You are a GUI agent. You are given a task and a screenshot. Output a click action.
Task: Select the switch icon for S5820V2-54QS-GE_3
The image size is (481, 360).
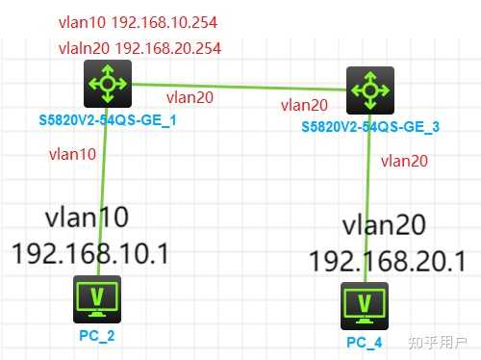point(367,90)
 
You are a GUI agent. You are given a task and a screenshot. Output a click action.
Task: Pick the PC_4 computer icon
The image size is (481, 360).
point(365,304)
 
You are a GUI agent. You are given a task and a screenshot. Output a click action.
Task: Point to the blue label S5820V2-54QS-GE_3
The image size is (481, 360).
point(370,126)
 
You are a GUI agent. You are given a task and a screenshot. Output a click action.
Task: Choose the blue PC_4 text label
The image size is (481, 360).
point(366,341)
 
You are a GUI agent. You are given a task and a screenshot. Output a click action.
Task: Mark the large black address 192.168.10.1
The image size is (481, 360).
point(90,252)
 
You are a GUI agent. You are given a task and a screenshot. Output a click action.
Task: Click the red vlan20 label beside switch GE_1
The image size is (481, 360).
point(190,96)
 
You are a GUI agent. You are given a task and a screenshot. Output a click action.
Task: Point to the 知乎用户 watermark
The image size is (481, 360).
point(437,342)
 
